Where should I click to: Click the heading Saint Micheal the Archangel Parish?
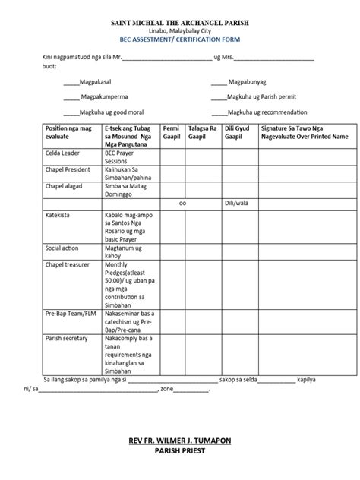180,25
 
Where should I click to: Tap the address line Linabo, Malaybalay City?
180,34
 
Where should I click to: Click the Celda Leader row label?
65,152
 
